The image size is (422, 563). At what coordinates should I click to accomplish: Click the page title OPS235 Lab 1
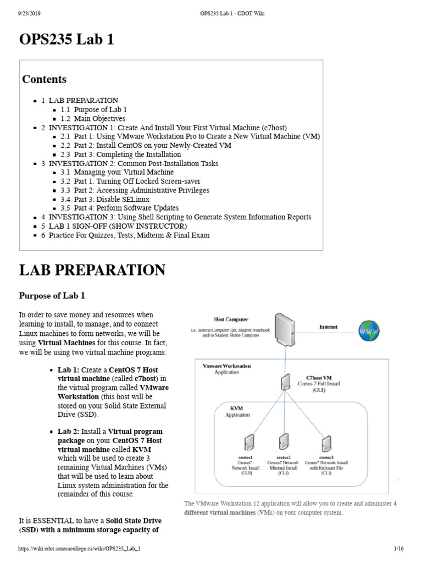(x=66, y=40)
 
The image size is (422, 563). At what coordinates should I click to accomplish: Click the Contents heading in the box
(x=44, y=79)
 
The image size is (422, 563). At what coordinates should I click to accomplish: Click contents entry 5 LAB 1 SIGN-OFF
(x=118, y=226)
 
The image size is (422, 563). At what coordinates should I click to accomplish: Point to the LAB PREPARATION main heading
(x=92, y=270)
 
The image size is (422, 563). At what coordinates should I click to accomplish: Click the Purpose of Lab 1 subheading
(x=52, y=296)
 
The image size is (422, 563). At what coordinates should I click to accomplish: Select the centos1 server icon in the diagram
(x=249, y=443)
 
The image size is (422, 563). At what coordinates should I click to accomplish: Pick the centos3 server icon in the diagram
(x=326, y=443)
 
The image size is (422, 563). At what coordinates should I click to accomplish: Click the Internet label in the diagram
(x=329, y=327)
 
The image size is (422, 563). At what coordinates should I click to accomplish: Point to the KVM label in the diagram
(x=237, y=409)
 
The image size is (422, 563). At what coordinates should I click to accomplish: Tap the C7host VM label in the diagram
(x=319, y=378)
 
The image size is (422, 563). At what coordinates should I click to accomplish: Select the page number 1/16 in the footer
(x=399, y=549)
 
